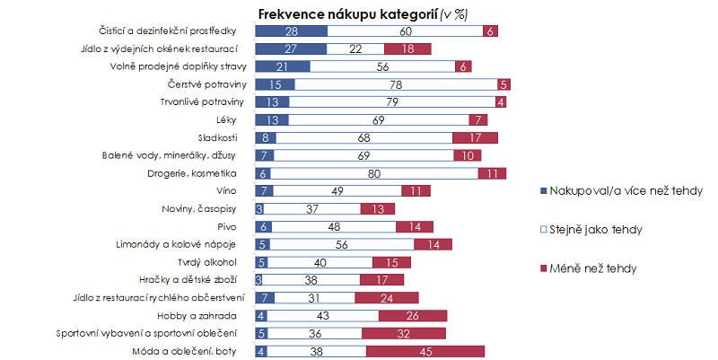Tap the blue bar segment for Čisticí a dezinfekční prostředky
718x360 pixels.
pyautogui.click(x=291, y=31)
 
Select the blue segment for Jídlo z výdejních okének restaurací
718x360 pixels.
pyautogui.click(x=290, y=48)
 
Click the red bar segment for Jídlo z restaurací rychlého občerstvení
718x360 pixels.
pyautogui.click(x=387, y=297)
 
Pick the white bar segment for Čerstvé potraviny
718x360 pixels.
pyautogui.click(x=396, y=84)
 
